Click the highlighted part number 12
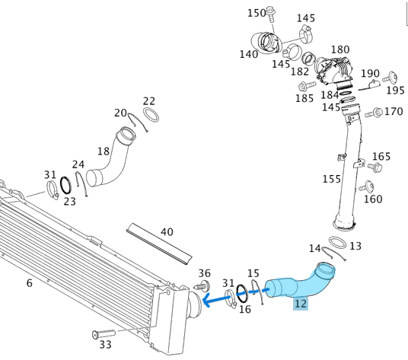pos(301,304)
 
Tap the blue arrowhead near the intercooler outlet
pos(207,301)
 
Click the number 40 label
pos(167,232)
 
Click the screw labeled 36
pos(202,287)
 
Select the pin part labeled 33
pos(104,333)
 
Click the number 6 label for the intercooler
pos(30,282)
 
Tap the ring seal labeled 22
pos(151,115)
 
